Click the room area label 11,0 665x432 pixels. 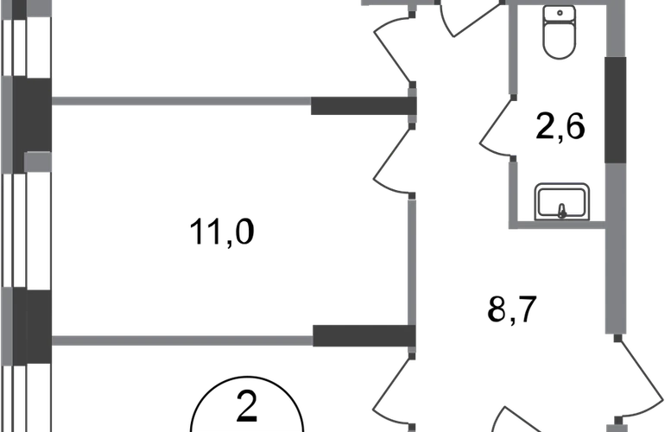(x=221, y=232)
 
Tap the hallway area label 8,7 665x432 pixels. (x=512, y=310)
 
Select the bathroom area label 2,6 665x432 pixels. (x=560, y=126)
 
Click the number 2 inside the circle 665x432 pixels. (x=247, y=407)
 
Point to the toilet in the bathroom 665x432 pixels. (x=560, y=32)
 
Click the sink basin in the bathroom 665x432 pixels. (x=562, y=202)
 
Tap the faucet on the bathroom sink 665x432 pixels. (x=562, y=211)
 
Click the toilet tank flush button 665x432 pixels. (x=560, y=13)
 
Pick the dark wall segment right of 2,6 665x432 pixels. (x=615, y=110)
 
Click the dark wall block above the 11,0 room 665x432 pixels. (x=364, y=105)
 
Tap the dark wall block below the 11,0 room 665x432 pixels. (x=364, y=336)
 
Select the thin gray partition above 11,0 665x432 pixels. (x=181, y=101)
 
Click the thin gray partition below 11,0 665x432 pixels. (x=182, y=340)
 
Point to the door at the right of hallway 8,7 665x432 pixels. (x=639, y=379)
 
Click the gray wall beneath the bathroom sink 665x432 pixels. (x=557, y=225)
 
